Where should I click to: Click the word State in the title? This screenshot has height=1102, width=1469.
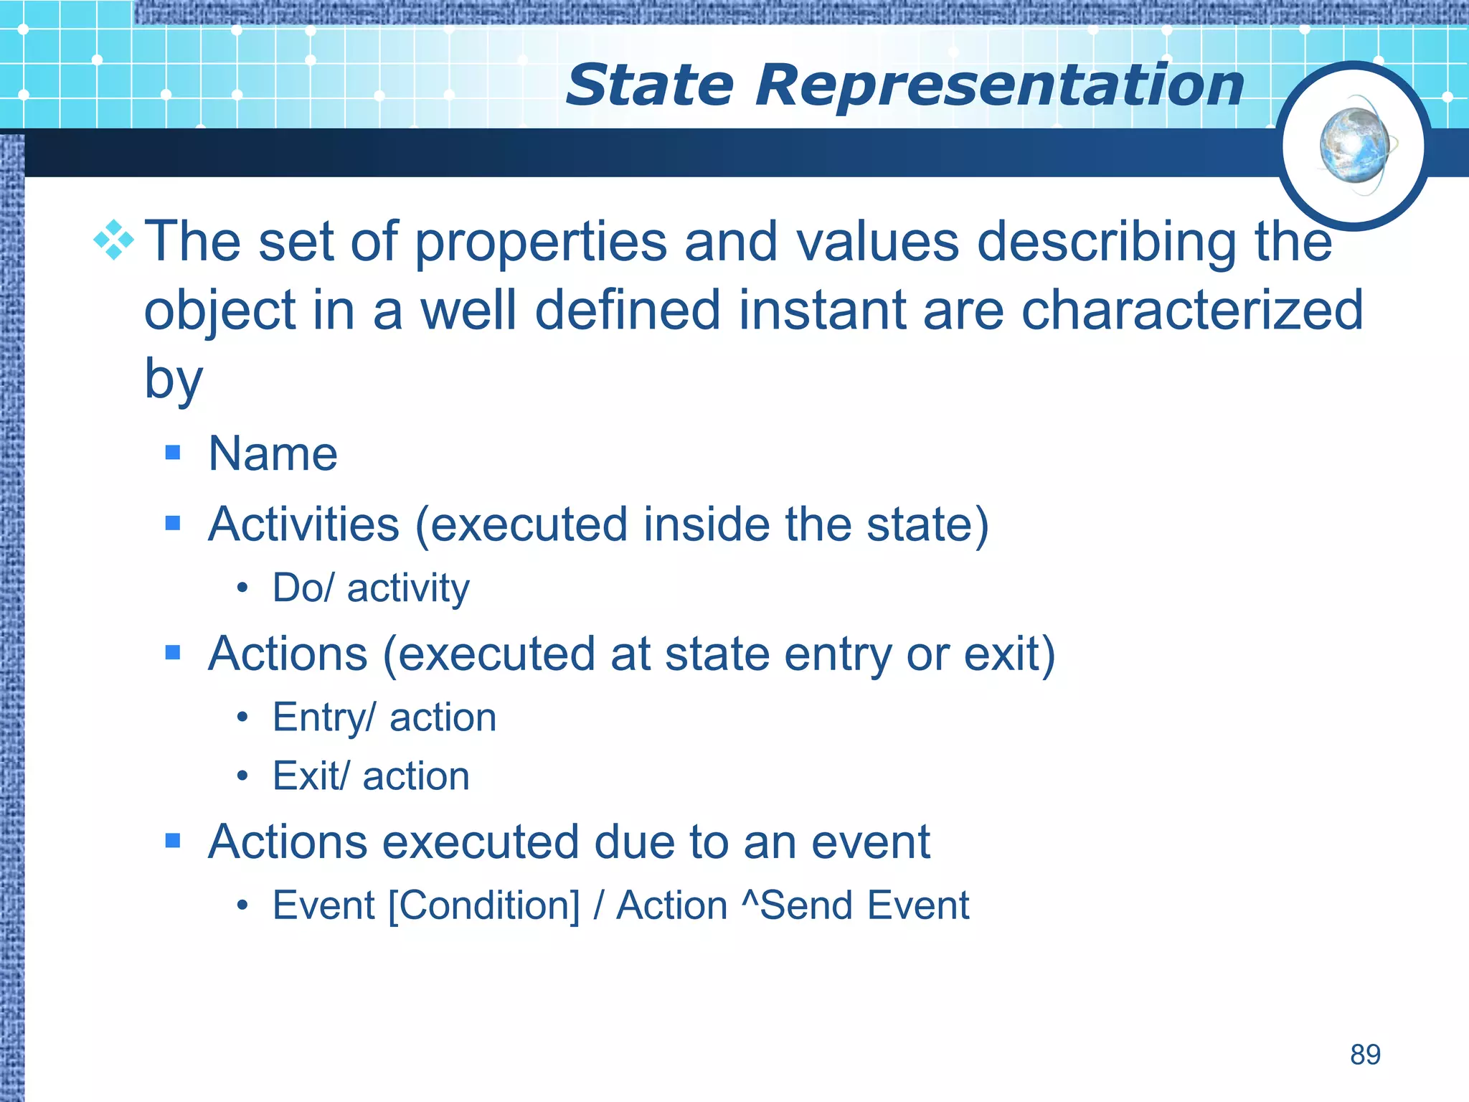(x=649, y=85)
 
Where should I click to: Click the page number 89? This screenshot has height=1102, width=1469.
(x=1365, y=1055)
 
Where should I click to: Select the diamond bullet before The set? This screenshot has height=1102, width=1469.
(x=114, y=240)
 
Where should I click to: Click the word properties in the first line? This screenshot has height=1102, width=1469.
(x=541, y=241)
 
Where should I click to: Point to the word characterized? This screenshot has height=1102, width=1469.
(x=1191, y=310)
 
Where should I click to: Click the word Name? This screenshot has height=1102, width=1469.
(x=273, y=453)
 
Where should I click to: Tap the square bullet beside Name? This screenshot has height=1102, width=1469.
(x=173, y=452)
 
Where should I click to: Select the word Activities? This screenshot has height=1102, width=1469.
(x=303, y=524)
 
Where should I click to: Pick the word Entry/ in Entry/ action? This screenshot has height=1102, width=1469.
(x=323, y=717)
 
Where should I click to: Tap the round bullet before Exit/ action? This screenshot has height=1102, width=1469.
(x=242, y=776)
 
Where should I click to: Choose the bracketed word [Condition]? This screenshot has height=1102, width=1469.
(x=483, y=905)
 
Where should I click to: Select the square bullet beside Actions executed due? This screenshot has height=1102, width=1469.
(x=173, y=840)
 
